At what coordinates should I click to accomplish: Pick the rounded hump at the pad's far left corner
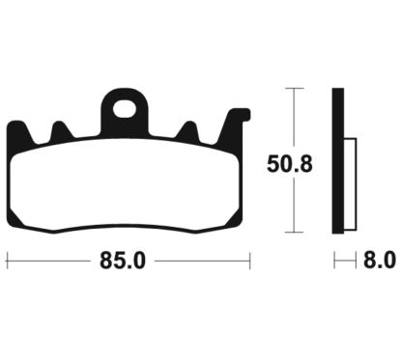16,129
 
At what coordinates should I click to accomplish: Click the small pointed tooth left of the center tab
60,129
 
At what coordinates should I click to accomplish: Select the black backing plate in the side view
337,162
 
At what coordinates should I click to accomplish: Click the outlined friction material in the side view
350,183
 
